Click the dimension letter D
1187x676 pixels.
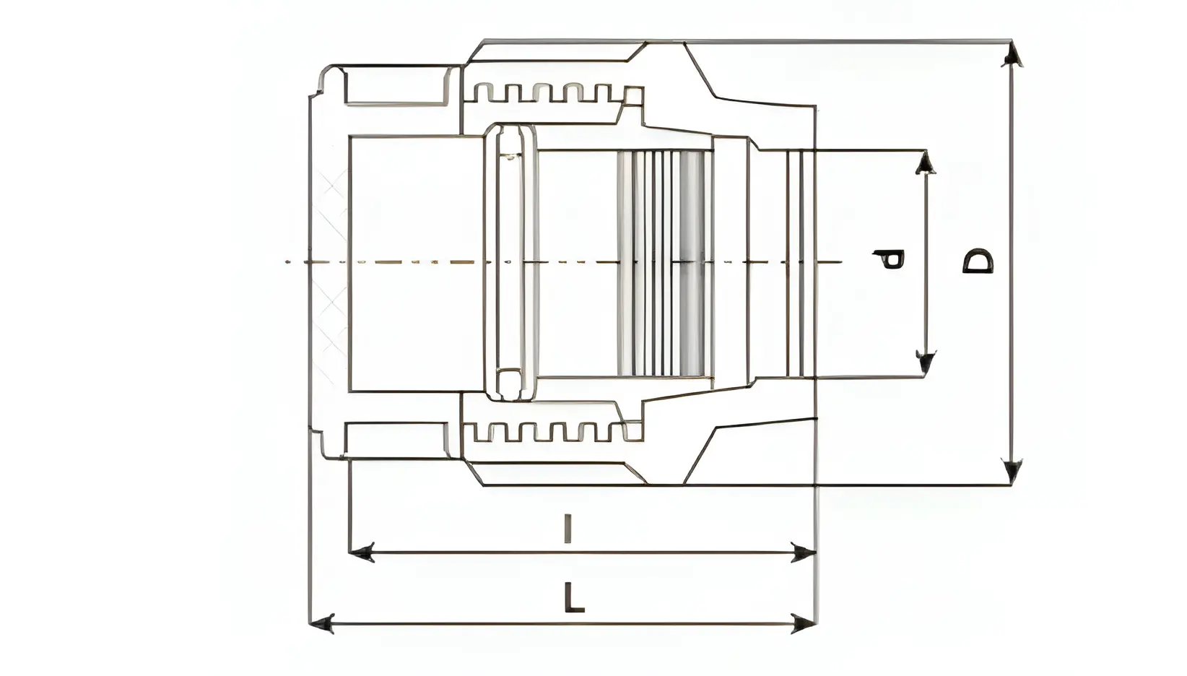978,261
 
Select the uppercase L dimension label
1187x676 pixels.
573,598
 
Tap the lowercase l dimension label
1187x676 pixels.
568,528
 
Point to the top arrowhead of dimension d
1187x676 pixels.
925,162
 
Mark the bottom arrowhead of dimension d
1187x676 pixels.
925,363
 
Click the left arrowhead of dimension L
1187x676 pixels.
321,623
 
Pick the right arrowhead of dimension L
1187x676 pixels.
803,623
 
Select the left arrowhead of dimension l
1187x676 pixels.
361,553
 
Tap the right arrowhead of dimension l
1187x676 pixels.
803,553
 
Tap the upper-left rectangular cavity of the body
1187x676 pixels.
396,85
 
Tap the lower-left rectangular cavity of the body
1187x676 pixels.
396,439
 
